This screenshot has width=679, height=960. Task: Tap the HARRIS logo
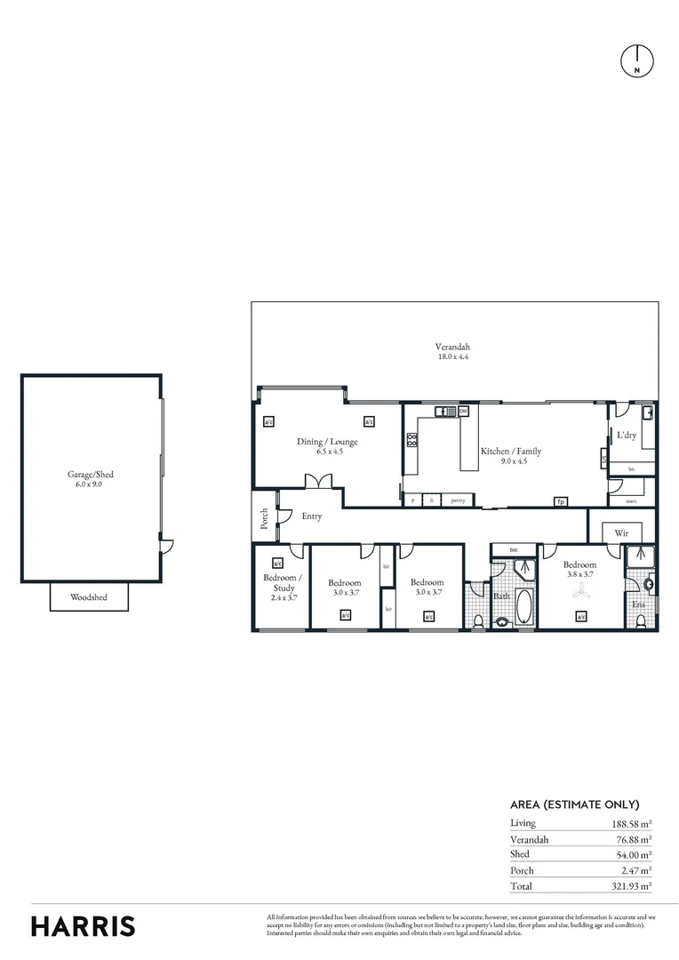coord(84,925)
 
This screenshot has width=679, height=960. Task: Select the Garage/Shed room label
coord(91,479)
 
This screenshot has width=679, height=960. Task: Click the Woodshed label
coord(89,597)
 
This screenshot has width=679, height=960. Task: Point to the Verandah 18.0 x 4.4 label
coord(452,351)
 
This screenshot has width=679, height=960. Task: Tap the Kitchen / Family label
coord(510,456)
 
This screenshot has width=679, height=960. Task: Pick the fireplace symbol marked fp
coord(561,501)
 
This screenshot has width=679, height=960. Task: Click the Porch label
coord(264,519)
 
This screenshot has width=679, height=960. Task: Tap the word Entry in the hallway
coord(311,516)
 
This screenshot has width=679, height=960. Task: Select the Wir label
coord(621,533)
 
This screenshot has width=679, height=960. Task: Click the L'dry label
coord(627,436)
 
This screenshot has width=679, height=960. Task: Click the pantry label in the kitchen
coord(459,500)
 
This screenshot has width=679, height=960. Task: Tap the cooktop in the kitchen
coord(411,440)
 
